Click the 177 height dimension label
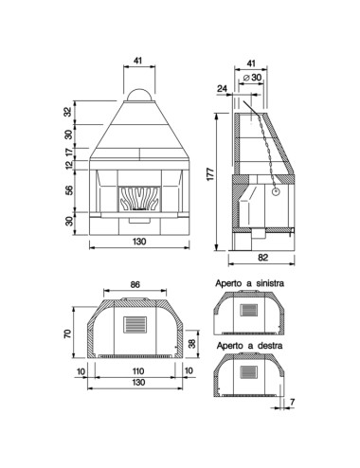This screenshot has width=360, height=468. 210,174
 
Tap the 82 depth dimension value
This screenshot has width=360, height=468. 262,258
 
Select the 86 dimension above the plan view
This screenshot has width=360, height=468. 135,284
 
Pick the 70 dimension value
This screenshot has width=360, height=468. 68,333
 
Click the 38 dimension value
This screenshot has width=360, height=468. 192,343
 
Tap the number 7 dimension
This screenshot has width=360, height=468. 292,402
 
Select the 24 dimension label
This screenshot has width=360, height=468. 222,88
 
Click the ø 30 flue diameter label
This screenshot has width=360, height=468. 253,77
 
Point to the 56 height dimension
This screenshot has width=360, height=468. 68,189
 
